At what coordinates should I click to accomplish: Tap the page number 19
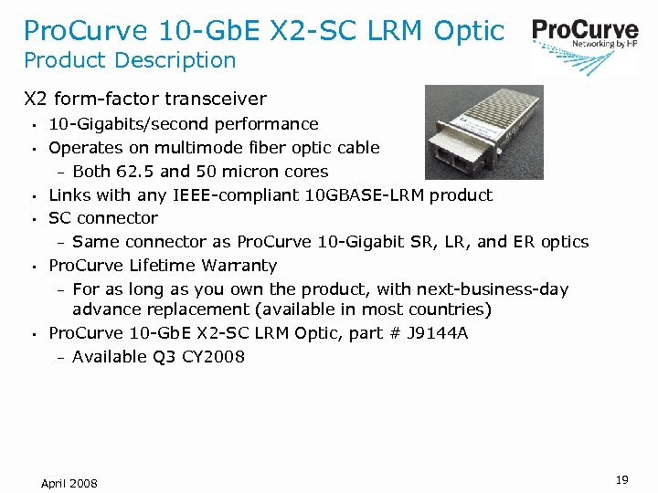pos(621,479)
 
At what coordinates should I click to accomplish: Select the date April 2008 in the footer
pos(69,482)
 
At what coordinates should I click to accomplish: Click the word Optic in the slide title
pos(469,30)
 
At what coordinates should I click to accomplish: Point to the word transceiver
pos(218,99)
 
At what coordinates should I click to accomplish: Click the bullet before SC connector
pos(32,219)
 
